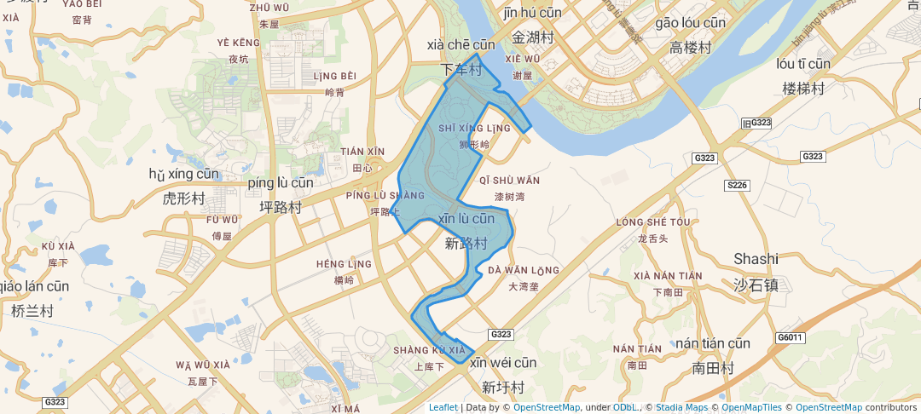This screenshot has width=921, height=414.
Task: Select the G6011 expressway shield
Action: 791,337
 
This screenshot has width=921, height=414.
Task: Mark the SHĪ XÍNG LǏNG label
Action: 474,129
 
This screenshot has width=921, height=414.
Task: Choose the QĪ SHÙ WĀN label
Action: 510,181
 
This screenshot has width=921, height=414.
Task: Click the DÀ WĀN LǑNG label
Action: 524,271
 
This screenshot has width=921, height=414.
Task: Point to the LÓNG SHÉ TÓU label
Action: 652,222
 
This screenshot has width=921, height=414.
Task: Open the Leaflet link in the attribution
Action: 443,407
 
